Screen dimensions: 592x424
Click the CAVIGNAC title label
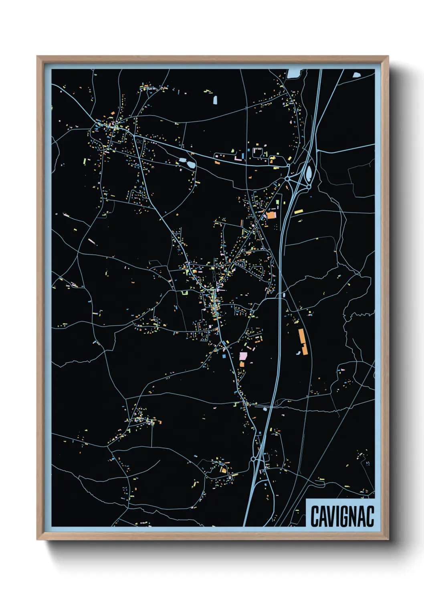342,516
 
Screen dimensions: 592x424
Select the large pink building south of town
243,356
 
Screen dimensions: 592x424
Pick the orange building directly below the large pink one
242,364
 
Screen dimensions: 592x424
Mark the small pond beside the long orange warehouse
298,353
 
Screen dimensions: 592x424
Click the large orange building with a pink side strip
271,215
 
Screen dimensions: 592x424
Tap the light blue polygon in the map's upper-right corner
356,74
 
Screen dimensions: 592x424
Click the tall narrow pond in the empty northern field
215,100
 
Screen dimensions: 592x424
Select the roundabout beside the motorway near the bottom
253,459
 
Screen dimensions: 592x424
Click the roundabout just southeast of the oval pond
309,187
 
